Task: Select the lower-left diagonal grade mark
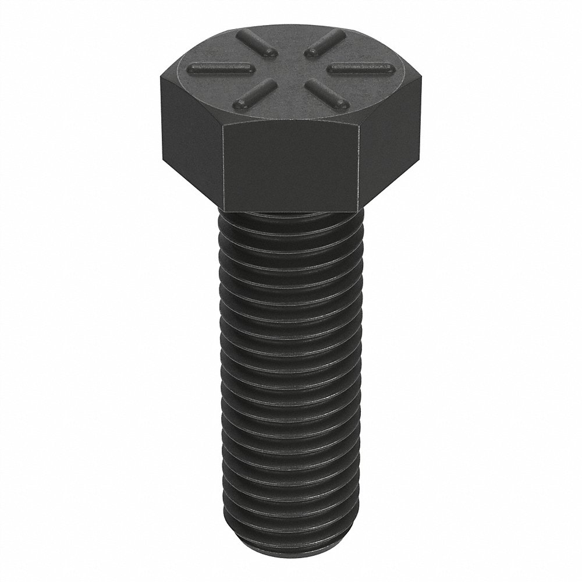click(x=254, y=95)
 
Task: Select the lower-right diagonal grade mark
click(x=326, y=94)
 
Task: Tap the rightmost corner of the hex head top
click(x=422, y=81)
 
